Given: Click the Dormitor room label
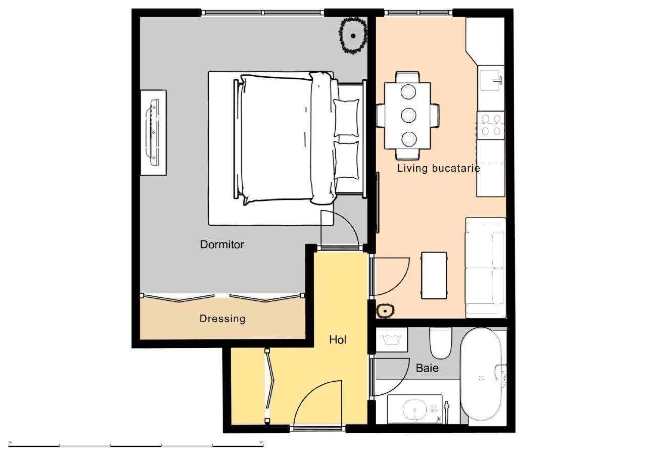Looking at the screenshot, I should [x=222, y=245].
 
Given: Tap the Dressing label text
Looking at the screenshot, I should [x=222, y=319].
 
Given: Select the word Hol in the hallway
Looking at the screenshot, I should [x=337, y=340].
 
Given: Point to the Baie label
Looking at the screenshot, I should [x=427, y=368].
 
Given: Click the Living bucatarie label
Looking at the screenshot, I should [x=438, y=169].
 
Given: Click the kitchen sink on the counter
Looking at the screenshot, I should [x=491, y=79].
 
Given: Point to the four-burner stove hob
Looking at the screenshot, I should [x=491, y=125].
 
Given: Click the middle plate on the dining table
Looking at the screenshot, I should [x=408, y=115].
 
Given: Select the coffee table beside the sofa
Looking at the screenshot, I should [x=434, y=275].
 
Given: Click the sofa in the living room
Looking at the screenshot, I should [x=485, y=268].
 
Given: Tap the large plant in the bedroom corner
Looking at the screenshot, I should [x=352, y=35].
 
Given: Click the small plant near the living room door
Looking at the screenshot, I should [x=386, y=311].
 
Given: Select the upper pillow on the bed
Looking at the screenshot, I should [x=346, y=118].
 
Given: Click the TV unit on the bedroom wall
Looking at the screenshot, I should [x=153, y=133].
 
